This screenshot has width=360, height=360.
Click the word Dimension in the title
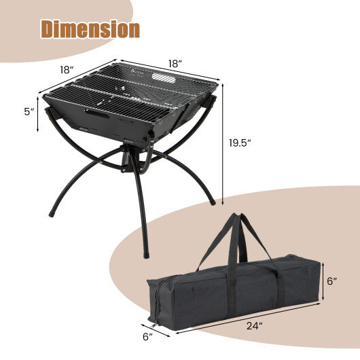point(90,29)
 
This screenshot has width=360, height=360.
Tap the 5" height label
point(28,111)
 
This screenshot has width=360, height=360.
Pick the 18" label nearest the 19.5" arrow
point(175,64)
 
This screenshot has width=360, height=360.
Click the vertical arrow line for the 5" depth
point(38,111)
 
